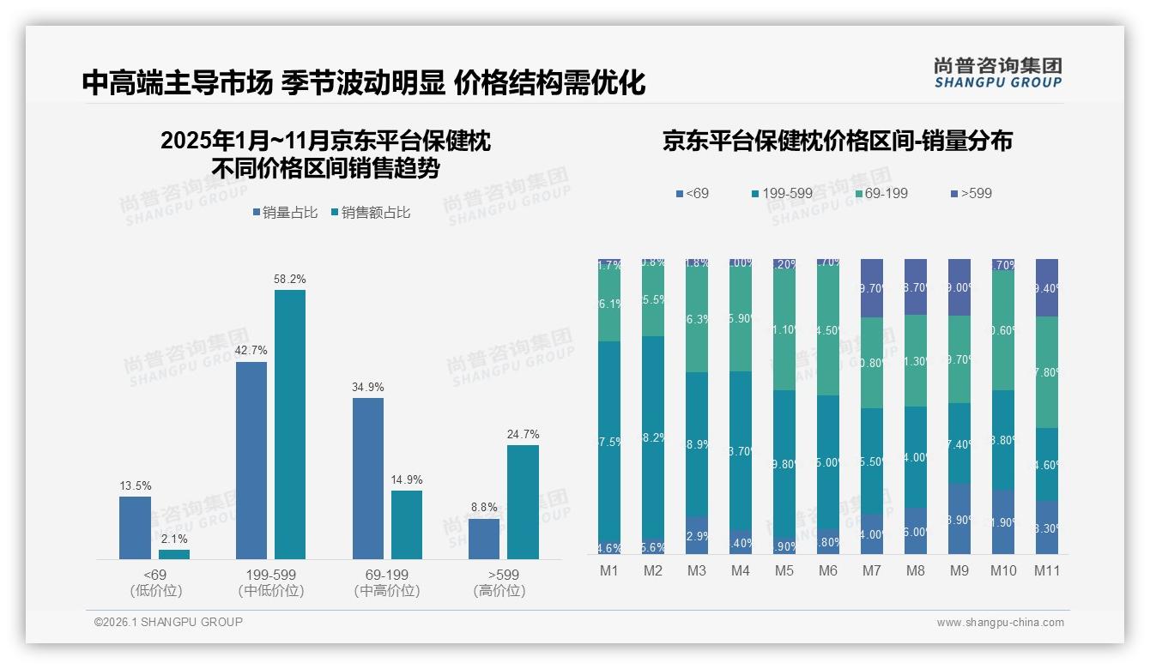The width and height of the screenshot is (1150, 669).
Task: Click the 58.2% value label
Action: point(290,279)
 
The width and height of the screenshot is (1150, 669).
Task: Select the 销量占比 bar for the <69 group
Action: point(135,527)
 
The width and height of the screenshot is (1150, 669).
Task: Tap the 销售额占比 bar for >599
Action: point(523,502)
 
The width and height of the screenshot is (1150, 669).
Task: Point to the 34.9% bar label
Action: point(368,387)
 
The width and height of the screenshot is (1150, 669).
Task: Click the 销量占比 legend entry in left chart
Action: point(288,212)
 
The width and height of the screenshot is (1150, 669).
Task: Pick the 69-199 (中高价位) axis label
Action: point(387,582)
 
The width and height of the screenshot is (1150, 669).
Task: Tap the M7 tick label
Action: point(872,571)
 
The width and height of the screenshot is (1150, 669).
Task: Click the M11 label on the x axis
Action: point(1046,571)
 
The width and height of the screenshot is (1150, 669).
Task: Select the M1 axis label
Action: point(609,571)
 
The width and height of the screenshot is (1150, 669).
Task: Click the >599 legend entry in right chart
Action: point(969,194)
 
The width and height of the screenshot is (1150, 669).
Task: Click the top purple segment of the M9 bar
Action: point(959,287)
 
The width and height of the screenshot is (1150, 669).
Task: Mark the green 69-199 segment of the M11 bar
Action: point(1046,372)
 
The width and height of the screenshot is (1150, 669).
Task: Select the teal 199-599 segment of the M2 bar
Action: point(653,437)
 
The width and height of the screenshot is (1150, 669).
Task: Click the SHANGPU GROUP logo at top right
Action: point(998,72)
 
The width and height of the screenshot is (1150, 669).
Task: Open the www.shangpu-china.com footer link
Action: point(1000,623)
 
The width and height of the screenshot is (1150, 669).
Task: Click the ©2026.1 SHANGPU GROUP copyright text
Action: point(168,622)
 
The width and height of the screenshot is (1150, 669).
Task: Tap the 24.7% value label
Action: point(523,434)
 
